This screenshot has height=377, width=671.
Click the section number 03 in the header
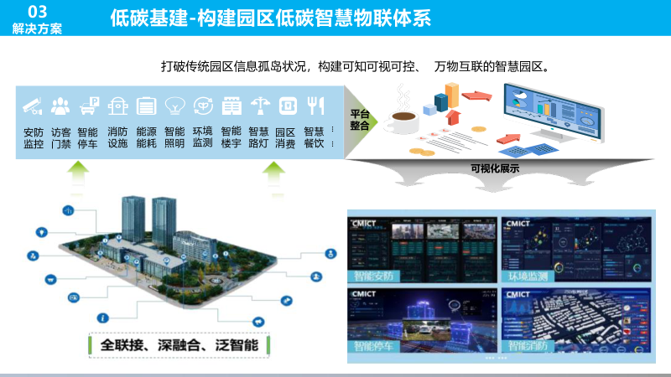37,10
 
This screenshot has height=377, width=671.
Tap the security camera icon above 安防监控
33,106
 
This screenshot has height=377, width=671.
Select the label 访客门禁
60,137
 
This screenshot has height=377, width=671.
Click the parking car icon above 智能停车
89,106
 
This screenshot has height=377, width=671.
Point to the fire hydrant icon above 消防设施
118,106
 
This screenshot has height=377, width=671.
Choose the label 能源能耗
146,137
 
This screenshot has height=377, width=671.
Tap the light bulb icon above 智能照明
174,106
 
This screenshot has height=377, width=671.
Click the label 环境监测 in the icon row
202,137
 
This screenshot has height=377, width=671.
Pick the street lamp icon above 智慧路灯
260,106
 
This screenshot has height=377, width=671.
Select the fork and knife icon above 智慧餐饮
315,106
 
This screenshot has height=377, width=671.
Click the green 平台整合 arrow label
360,119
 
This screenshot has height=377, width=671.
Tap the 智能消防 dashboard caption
528,345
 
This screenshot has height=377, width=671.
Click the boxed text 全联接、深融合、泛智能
179,344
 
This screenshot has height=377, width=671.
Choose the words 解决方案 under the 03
37,28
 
